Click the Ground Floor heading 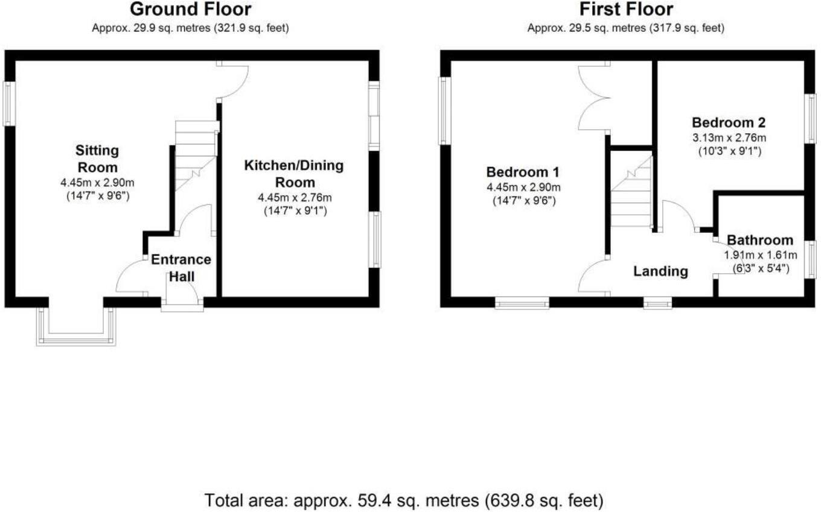point(190,10)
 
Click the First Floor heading point(626,10)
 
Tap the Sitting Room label point(97,158)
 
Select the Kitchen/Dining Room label point(294,174)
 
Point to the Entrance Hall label point(180,268)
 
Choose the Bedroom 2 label point(729,122)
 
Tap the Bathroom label point(760,240)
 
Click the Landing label point(660,271)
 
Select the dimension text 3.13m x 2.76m point(729,137)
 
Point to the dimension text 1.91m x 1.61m point(761,254)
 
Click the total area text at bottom point(404,500)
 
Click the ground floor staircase point(195,156)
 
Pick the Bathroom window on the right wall point(811,259)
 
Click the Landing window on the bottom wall point(657,303)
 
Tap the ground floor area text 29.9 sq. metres point(190,28)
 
